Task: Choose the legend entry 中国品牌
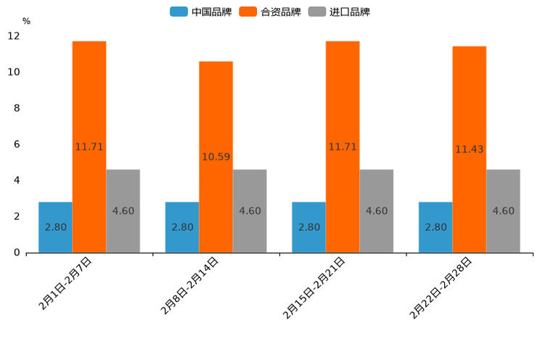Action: click(x=201, y=12)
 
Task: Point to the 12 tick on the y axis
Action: click(x=14, y=36)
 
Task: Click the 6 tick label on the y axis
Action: click(x=16, y=144)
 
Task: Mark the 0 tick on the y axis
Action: click(x=16, y=253)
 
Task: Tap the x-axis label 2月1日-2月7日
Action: click(x=65, y=284)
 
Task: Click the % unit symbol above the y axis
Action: click(x=26, y=21)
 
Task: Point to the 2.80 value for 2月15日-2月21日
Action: click(x=309, y=227)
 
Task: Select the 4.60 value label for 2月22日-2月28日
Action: click(x=504, y=211)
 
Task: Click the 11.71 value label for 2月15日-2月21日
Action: click(x=343, y=147)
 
